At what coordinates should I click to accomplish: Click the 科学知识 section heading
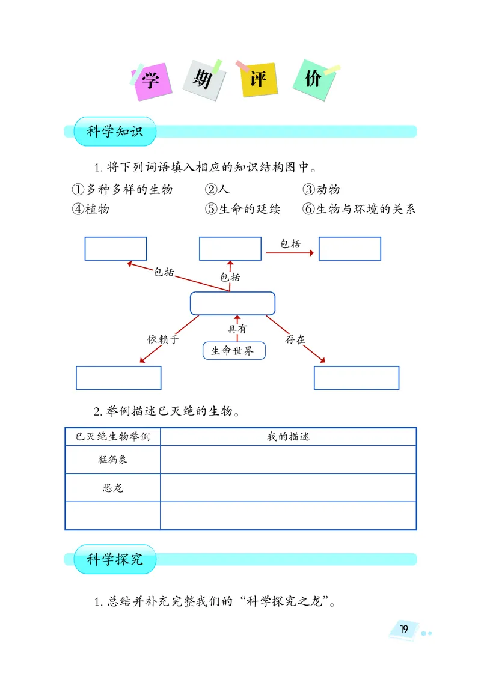(115, 132)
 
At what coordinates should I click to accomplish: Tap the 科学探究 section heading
(115, 559)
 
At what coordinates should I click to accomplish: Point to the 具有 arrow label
(236, 329)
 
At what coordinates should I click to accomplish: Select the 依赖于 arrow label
(164, 339)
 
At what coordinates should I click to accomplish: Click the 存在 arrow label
(295, 339)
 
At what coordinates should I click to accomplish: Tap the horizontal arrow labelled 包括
(290, 253)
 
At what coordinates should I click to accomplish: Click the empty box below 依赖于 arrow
(118, 377)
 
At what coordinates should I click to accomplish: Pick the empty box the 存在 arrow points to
(357, 377)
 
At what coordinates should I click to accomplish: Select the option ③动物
(321, 189)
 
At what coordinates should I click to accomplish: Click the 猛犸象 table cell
(113, 460)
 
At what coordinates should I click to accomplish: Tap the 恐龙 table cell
(113, 487)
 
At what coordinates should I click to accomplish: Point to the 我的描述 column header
(288, 437)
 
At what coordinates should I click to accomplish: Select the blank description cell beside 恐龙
(288, 487)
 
